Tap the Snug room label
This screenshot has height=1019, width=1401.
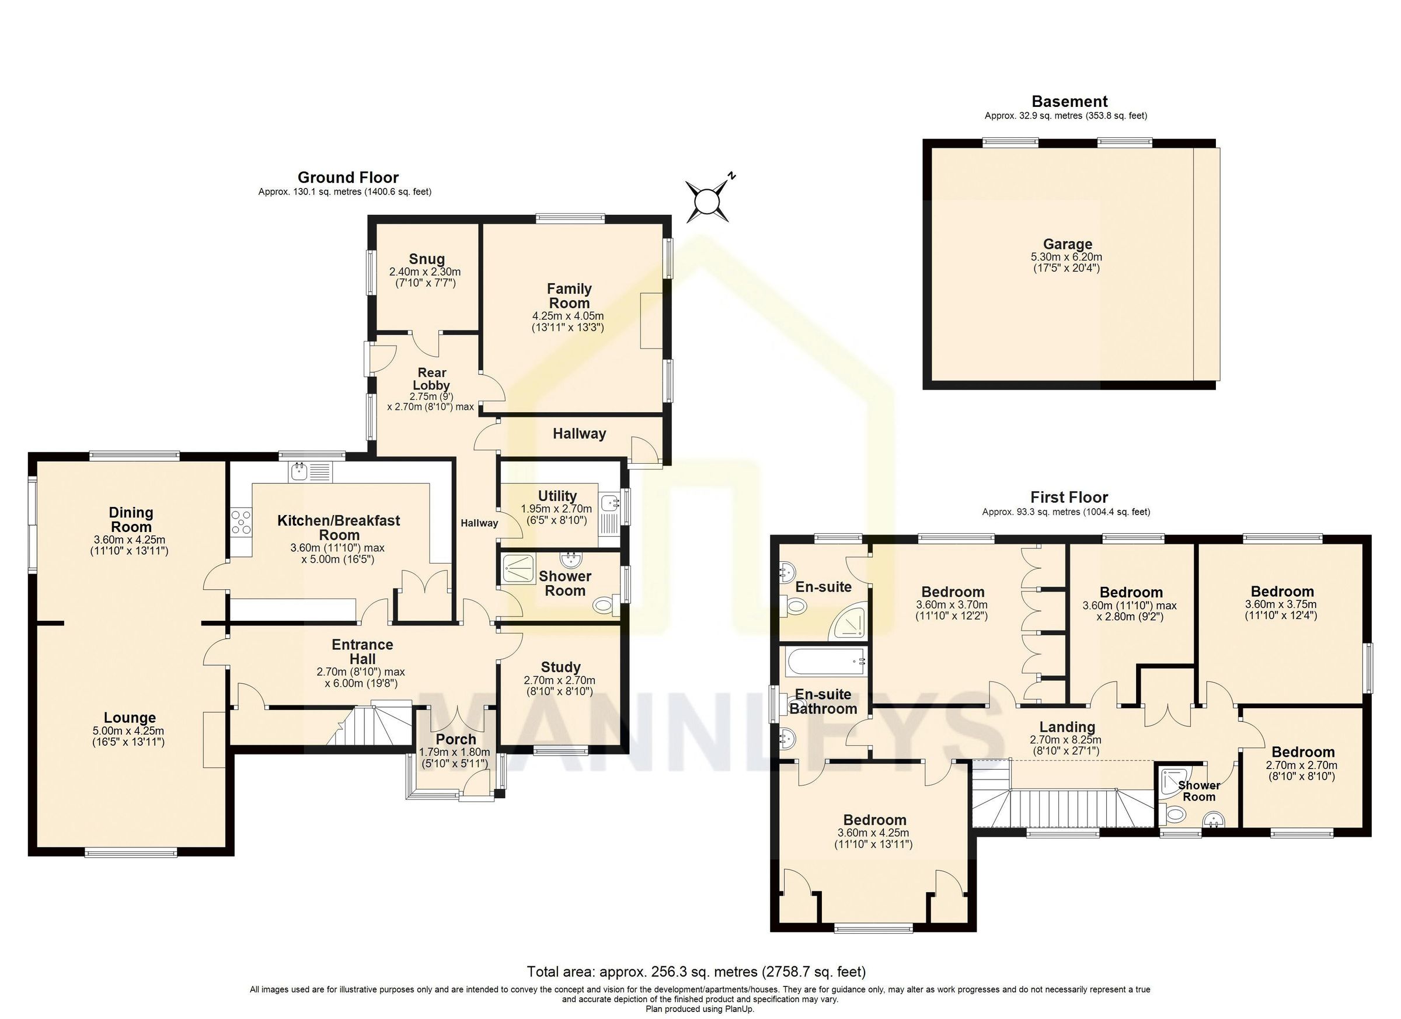coord(426,259)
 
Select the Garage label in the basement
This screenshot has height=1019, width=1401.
coord(1068,244)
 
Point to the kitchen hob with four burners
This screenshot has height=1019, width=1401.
coord(241,521)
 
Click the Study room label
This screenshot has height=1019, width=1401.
coord(560,667)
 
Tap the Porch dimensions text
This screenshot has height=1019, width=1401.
coord(455,757)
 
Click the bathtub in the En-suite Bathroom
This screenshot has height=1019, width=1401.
coord(824,662)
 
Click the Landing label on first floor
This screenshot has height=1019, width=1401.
coord(1067,726)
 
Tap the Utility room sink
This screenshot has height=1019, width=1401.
coord(608,502)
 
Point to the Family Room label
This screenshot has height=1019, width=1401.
coord(569,295)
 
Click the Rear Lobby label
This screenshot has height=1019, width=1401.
coord(432,378)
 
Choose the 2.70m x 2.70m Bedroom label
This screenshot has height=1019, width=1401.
coord(1303,752)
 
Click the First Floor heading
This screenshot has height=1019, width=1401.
coord(1069,497)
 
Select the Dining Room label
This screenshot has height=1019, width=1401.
coord(130,519)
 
